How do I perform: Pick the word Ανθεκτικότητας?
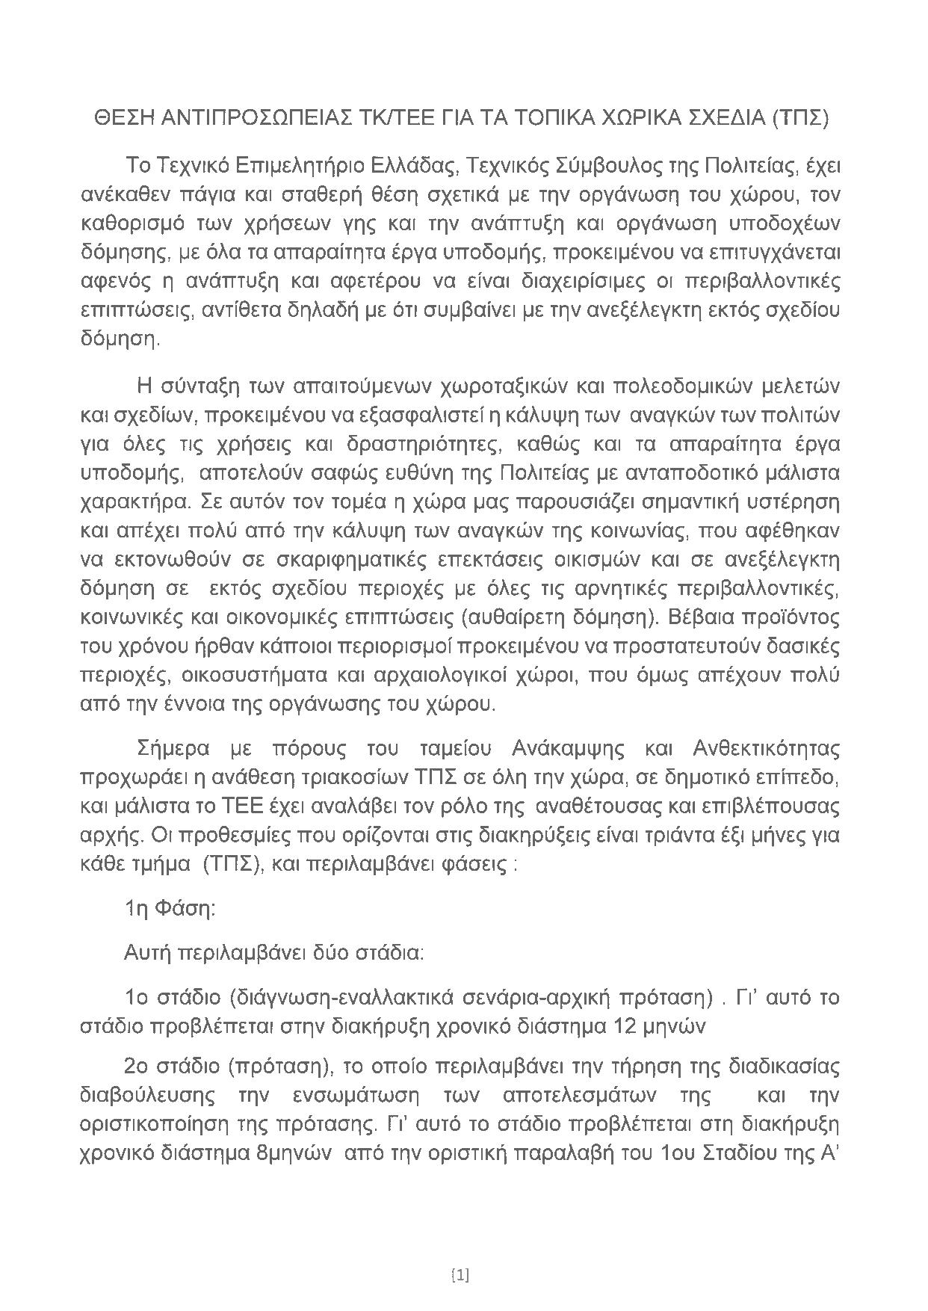click(767, 749)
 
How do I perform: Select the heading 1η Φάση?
click(170, 909)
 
